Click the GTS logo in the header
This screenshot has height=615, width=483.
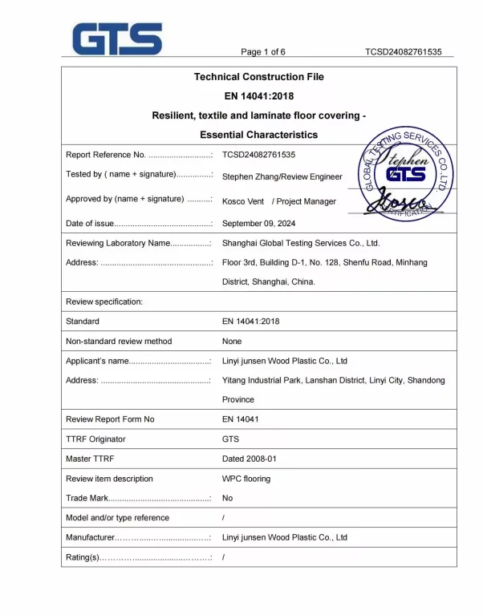(117, 39)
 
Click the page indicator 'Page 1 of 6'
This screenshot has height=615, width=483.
(263, 52)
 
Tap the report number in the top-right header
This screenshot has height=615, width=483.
(403, 52)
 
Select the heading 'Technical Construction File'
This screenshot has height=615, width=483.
(259, 77)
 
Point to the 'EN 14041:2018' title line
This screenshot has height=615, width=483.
(259, 96)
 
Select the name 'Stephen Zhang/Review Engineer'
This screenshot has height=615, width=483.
(282, 176)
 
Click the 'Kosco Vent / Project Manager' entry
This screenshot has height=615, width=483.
(279, 201)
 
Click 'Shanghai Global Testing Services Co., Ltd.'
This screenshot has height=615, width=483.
(301, 243)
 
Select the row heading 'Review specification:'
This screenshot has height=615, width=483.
(104, 301)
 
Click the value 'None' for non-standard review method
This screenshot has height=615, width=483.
(233, 341)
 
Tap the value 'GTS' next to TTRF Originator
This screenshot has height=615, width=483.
(230, 439)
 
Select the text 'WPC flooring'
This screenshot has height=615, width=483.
(246, 479)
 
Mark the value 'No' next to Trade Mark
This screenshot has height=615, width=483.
(228, 498)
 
